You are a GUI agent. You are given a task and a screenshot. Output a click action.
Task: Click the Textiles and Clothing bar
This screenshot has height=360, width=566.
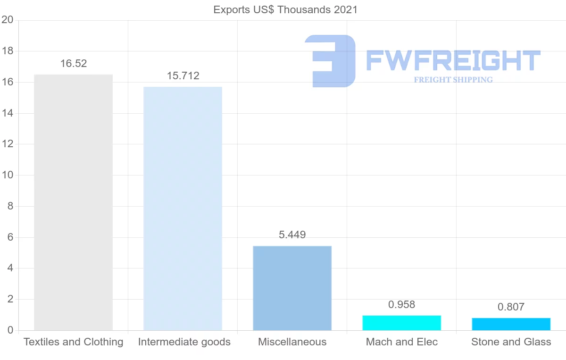click(73, 202)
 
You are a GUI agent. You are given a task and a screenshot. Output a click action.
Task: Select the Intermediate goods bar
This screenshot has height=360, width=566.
click(183, 209)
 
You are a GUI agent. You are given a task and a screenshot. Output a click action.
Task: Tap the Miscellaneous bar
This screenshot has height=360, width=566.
click(292, 288)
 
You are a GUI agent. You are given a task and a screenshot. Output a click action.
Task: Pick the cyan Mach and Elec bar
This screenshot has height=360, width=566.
click(401, 323)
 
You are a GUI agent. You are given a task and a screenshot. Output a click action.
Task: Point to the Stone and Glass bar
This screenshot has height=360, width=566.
click(511, 324)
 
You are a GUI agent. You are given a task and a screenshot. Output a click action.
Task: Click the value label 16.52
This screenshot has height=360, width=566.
click(74, 64)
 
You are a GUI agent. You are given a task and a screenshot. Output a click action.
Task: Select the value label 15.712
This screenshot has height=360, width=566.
click(183, 76)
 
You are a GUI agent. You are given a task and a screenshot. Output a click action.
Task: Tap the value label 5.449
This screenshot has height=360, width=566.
click(292, 235)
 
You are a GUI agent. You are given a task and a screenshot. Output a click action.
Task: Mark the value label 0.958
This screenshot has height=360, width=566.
click(402, 305)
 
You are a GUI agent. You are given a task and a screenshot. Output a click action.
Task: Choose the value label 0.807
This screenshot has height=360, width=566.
click(511, 307)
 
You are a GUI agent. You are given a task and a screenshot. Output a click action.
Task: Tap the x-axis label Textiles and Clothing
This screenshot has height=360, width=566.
click(73, 342)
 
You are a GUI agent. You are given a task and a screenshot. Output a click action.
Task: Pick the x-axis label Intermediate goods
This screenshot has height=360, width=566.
click(184, 342)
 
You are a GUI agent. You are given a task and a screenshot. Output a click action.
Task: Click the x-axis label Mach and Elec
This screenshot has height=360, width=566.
click(402, 342)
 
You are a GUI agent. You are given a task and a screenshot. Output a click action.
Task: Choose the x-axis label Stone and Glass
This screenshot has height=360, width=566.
click(511, 342)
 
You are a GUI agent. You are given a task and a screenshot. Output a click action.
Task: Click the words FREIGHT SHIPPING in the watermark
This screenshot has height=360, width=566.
click(453, 80)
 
